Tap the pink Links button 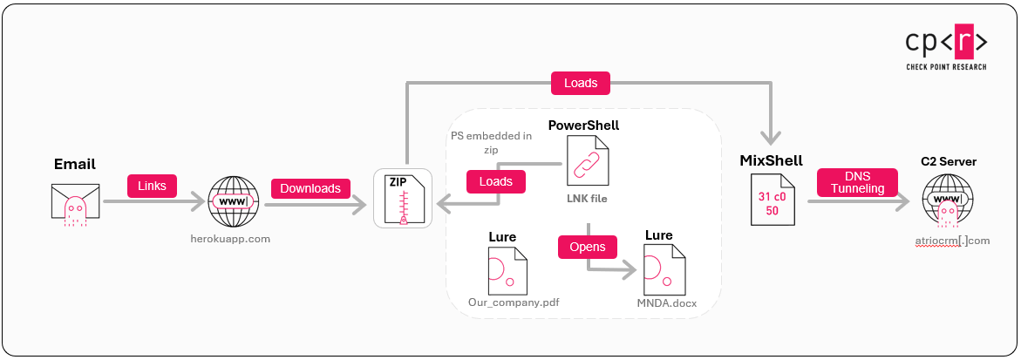[x=153, y=186]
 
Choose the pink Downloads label [x=310, y=187]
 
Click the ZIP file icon [x=402, y=199]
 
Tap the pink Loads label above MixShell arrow [x=581, y=83]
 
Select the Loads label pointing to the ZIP [x=496, y=181]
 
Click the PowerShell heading [x=583, y=126]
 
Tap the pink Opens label [x=588, y=248]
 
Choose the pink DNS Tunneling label [x=856, y=182]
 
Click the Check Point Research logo [x=945, y=48]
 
